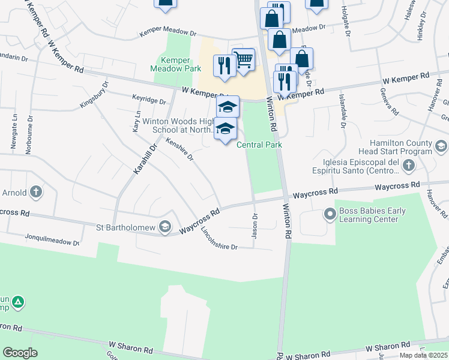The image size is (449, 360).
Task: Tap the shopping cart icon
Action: [244, 59]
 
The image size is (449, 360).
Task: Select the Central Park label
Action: [259, 145]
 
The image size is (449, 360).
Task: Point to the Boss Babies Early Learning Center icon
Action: [330, 214]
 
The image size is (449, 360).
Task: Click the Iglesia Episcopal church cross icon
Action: [408, 166]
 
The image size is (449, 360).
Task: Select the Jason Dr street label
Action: [255, 226]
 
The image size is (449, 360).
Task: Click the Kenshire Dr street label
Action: [180, 150]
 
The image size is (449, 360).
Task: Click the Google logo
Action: [20, 353]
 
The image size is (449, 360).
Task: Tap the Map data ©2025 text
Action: [423, 355]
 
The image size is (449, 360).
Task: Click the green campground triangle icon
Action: [19, 302]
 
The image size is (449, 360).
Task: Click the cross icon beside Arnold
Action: [36, 193]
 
